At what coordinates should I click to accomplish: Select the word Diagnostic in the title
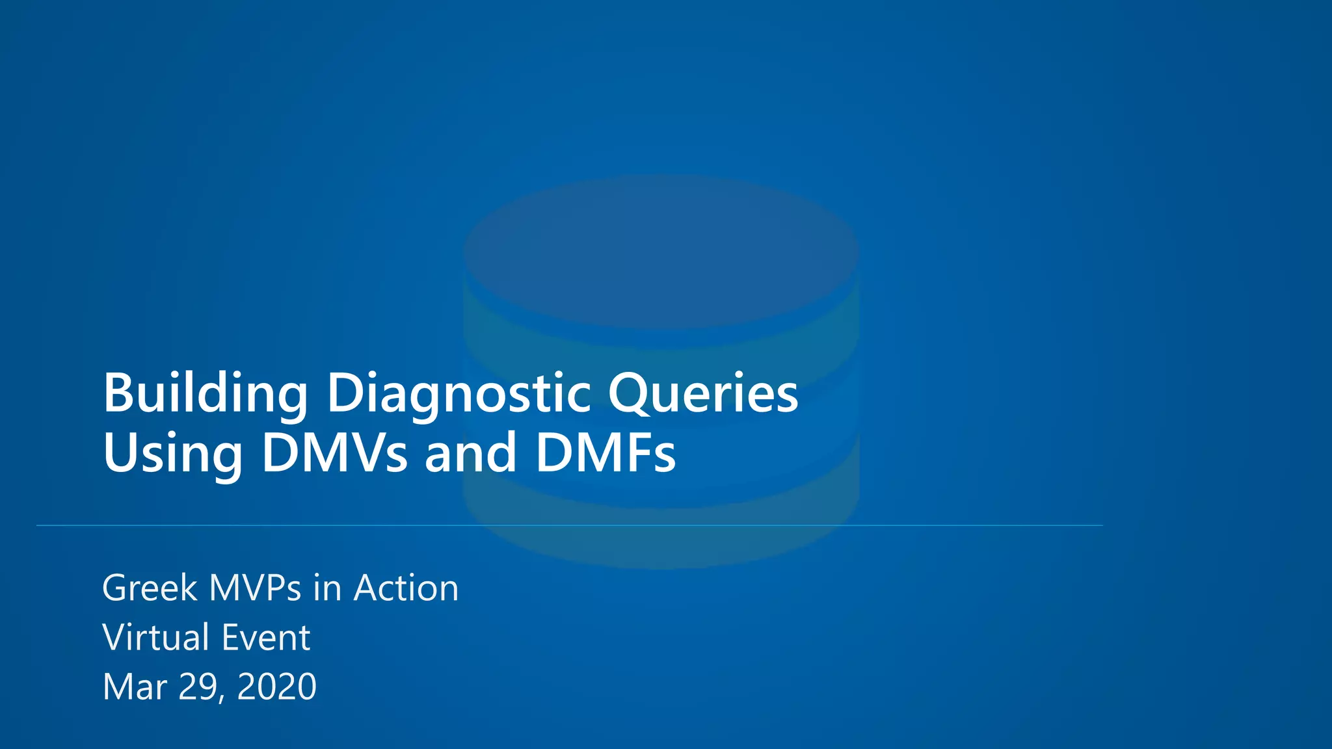(x=459, y=393)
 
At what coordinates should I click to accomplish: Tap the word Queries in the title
(x=702, y=393)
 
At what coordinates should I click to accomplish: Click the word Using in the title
(x=172, y=453)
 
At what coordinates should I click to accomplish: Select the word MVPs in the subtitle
(x=255, y=588)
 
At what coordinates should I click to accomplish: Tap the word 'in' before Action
(x=327, y=588)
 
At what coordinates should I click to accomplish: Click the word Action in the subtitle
(x=406, y=588)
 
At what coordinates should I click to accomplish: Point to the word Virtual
(x=155, y=637)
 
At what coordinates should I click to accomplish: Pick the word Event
(x=265, y=637)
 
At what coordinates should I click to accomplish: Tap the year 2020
(x=276, y=687)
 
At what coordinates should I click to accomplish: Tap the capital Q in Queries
(x=629, y=393)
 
